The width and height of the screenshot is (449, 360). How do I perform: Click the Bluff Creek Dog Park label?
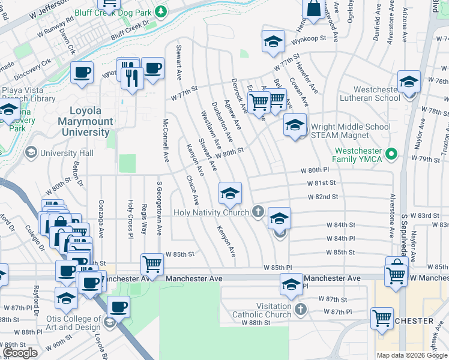pos(112,12)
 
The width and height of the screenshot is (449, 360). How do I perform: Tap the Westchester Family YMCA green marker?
pos(392,154)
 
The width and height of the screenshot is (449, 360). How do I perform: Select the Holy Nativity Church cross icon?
pos(258,211)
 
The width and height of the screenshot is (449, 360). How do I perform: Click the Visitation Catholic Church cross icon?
pos(301,310)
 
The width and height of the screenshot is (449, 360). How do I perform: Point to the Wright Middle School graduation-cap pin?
pos(295,125)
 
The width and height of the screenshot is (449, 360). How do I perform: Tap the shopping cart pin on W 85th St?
pos(152,264)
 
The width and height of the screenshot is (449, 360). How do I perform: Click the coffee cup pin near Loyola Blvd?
pos(118,307)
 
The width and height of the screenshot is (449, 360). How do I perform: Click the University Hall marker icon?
pos(29,153)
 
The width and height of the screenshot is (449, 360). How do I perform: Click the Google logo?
pos(20,353)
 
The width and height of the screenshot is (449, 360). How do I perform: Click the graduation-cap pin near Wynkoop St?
pos(273,42)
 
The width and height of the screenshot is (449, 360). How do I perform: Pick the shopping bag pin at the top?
pos(314,9)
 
